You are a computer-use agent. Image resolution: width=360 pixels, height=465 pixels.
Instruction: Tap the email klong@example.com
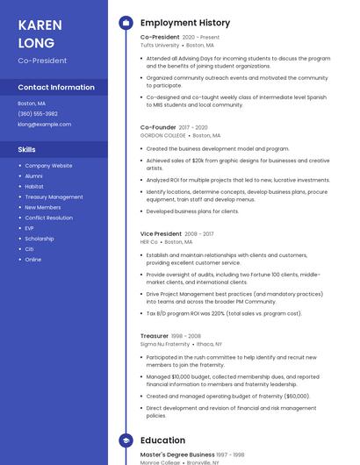(x=45, y=124)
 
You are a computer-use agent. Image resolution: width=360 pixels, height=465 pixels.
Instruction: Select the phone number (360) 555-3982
(x=38, y=113)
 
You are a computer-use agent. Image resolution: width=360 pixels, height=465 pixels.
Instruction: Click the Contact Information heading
(x=56, y=87)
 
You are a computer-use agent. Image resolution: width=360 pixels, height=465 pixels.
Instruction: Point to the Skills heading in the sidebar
(x=27, y=150)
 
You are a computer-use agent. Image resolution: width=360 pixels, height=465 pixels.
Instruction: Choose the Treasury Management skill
(x=54, y=197)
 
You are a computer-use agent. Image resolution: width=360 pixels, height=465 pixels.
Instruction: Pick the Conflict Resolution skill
(x=49, y=218)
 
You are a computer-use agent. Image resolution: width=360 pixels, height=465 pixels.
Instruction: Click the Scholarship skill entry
(x=40, y=239)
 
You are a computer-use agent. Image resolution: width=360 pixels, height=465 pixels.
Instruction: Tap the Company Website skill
(x=49, y=165)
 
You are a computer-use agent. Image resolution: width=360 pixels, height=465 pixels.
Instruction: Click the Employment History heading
(x=185, y=23)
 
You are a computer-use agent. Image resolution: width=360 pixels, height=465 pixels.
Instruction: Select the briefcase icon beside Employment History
(x=126, y=23)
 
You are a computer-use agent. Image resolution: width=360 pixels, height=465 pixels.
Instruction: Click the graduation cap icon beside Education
(x=126, y=440)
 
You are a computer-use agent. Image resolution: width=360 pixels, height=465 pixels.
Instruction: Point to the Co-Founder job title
(x=158, y=127)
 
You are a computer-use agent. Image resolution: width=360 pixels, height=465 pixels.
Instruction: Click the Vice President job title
(x=161, y=234)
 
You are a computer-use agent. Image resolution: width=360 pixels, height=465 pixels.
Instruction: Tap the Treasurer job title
(x=155, y=336)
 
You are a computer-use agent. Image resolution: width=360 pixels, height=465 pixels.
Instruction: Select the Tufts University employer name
(x=160, y=45)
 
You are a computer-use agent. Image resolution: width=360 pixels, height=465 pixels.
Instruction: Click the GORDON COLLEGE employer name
(x=163, y=136)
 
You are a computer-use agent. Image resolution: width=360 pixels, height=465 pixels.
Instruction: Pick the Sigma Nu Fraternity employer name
(x=165, y=345)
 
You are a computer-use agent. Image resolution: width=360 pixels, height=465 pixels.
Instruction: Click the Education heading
(x=162, y=440)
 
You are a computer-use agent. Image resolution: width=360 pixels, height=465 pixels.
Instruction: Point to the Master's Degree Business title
(x=176, y=454)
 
